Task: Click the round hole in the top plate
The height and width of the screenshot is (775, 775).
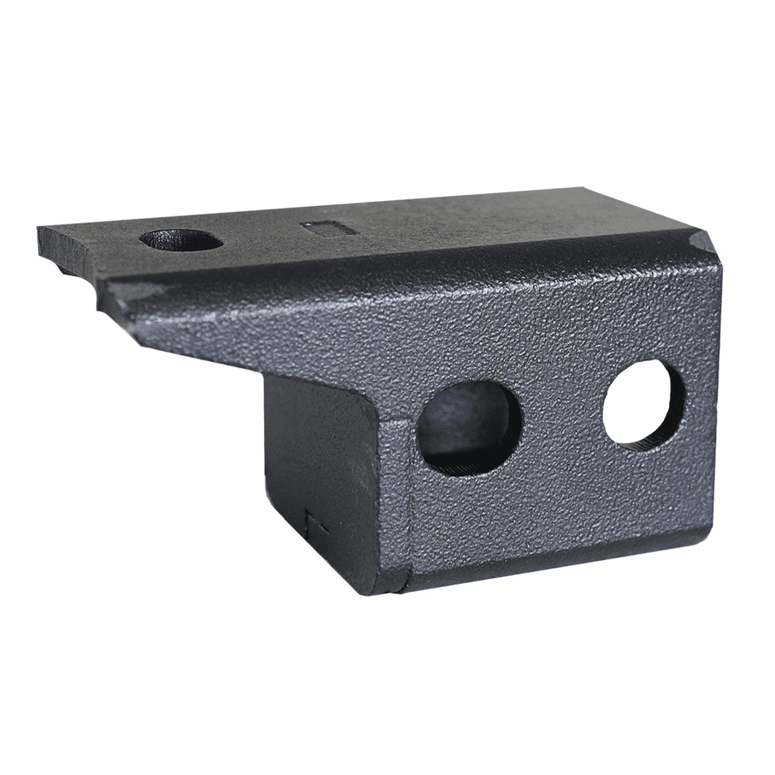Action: [181, 240]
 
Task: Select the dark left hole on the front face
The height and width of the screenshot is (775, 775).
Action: [468, 427]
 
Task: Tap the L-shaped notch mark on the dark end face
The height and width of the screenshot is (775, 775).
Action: [313, 522]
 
